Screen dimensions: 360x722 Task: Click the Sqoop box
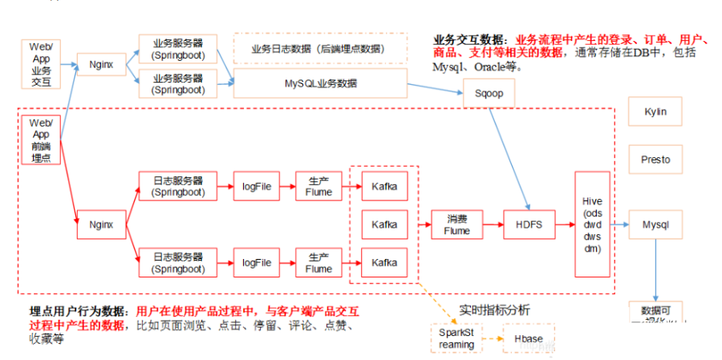click(x=488, y=93)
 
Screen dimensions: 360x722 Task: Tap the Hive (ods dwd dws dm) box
click(x=592, y=224)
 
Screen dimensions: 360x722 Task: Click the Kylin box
click(x=655, y=111)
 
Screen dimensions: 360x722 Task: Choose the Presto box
click(x=655, y=160)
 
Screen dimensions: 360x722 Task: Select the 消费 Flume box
click(x=456, y=224)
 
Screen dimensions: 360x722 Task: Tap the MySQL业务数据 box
click(x=321, y=83)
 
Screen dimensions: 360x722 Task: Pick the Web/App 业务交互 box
click(x=40, y=64)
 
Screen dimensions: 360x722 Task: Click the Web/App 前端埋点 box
click(x=40, y=140)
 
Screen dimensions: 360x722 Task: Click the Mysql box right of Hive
click(x=655, y=225)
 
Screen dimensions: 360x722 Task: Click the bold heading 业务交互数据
click(x=470, y=39)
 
